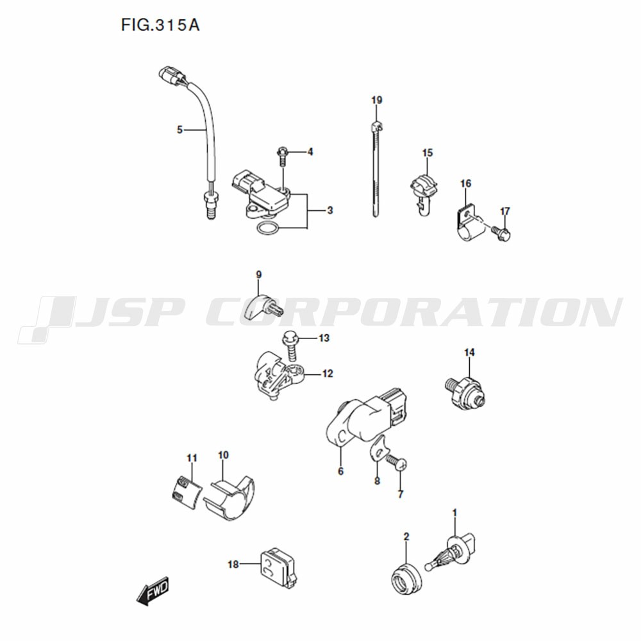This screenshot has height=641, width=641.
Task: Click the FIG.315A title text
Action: pos(160,26)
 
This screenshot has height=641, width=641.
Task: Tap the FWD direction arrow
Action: pos(153,591)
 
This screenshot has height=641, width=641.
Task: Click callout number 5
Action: pos(180,130)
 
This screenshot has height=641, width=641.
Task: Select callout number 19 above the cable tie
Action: pos(376,100)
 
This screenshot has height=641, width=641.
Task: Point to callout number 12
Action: pos(328,374)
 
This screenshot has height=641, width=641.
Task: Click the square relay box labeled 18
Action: pos(278,568)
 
